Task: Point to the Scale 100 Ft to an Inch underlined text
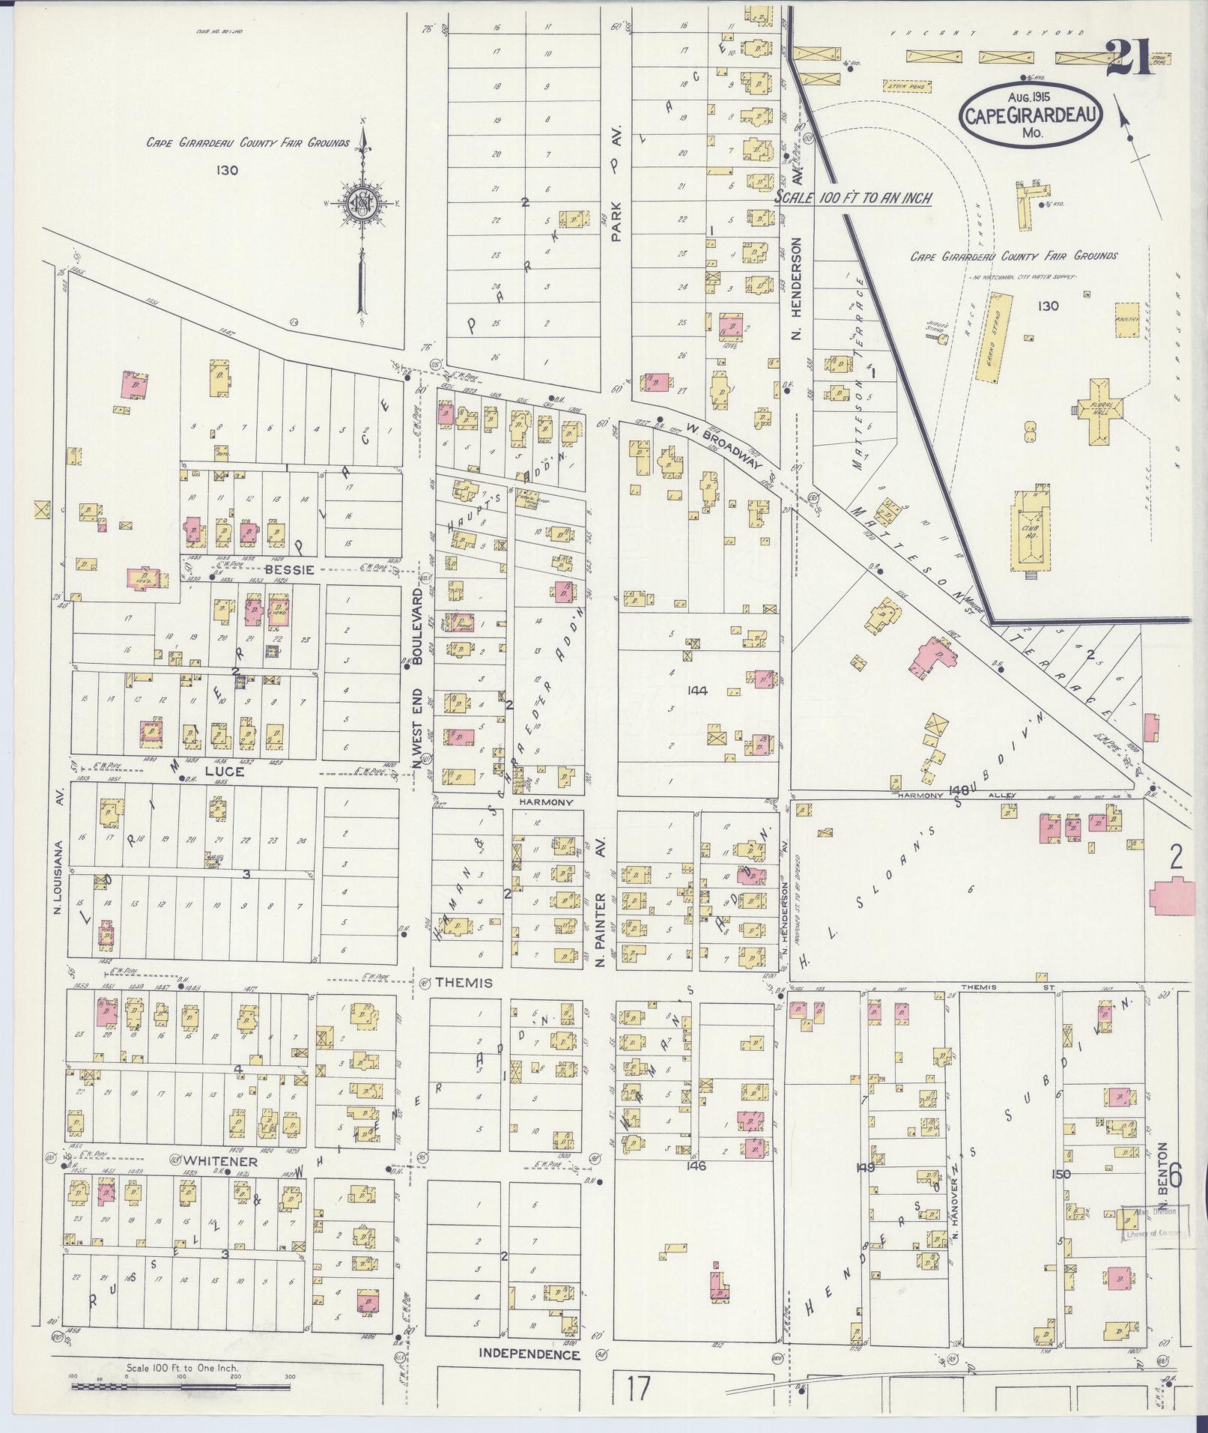coord(852,199)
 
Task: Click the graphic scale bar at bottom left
coord(180,1387)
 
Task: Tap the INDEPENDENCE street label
coord(529,1354)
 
